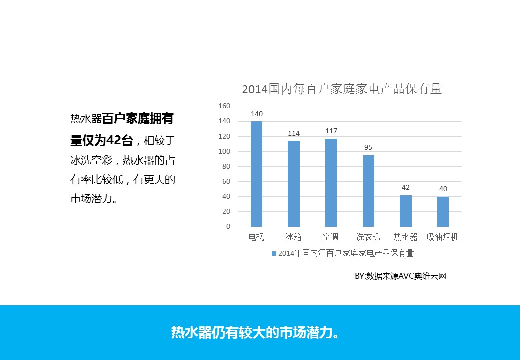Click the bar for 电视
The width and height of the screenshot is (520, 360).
(x=256, y=174)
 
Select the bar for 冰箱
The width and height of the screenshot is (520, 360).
(x=294, y=184)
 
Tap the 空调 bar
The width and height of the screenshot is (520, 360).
(x=331, y=182)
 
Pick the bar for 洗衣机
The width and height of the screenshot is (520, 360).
(x=368, y=191)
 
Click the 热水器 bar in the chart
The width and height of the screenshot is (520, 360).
(x=406, y=211)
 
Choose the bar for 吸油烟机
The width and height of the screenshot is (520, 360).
(x=443, y=212)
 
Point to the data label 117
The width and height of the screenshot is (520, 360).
(x=331, y=131)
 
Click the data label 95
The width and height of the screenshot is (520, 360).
(x=368, y=148)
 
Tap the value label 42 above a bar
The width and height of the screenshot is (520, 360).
(x=406, y=187)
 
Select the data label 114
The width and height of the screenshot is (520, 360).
(x=294, y=133)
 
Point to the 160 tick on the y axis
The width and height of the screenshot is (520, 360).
(x=224, y=106)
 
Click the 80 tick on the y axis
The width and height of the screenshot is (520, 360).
(x=226, y=166)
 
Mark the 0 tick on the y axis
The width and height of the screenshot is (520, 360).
(x=228, y=226)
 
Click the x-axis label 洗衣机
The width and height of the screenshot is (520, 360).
(x=368, y=237)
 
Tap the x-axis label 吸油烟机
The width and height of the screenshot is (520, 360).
(x=442, y=237)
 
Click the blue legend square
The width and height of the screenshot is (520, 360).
(x=274, y=253)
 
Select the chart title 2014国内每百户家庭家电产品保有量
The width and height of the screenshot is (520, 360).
(x=342, y=89)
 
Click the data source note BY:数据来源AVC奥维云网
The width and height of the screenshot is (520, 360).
(x=400, y=276)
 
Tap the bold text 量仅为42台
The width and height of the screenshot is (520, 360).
(x=102, y=140)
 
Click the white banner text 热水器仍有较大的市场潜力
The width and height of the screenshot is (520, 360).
(x=255, y=332)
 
